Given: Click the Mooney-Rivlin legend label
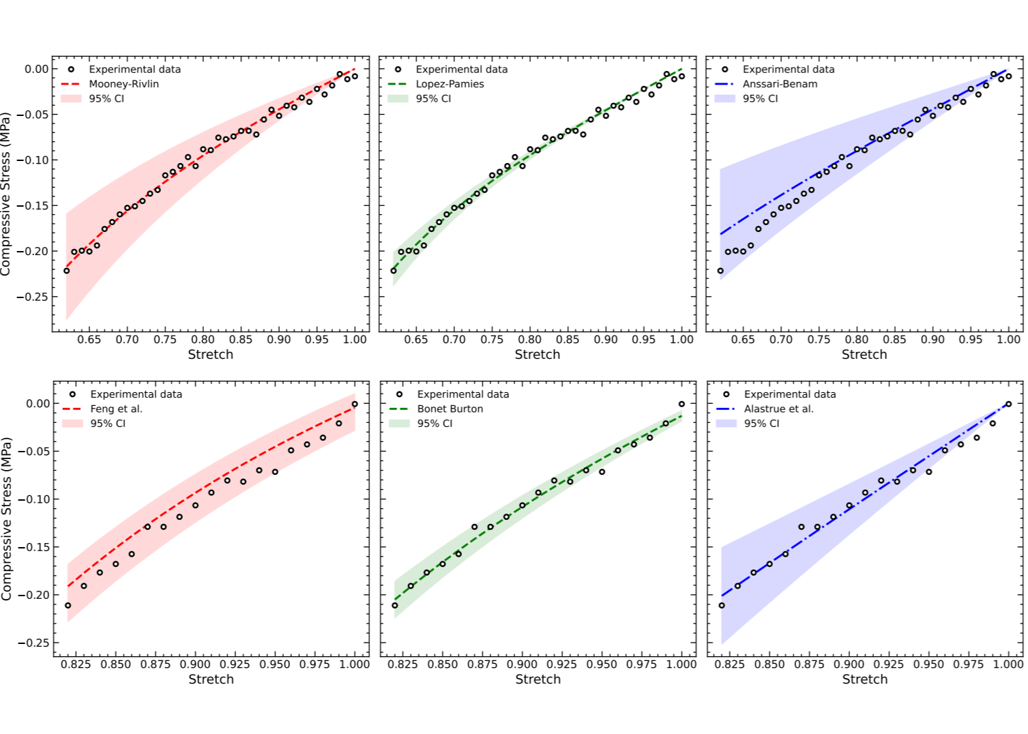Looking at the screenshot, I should pyautogui.click(x=123, y=84).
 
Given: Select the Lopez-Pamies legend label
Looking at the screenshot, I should pyautogui.click(x=450, y=84).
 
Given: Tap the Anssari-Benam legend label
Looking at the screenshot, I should pyautogui.click(x=780, y=84).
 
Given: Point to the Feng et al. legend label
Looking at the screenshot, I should pyautogui.click(x=116, y=409).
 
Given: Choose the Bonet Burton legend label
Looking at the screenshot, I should pyautogui.click(x=450, y=409).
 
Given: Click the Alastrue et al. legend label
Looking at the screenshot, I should pyautogui.click(x=778, y=409).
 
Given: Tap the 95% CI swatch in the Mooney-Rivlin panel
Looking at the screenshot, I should pyautogui.click(x=71, y=98).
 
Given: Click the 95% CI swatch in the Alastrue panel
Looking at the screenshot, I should pyautogui.click(x=726, y=423).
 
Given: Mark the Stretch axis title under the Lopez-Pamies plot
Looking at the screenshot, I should pyautogui.click(x=537, y=354).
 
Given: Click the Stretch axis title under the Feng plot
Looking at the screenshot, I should pyautogui.click(x=211, y=679).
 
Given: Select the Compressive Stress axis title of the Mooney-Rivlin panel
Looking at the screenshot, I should pyautogui.click(x=6, y=194).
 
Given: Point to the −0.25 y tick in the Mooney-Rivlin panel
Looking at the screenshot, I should pyautogui.click(x=33, y=297).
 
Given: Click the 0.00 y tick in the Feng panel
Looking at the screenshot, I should pyautogui.click(x=38, y=403).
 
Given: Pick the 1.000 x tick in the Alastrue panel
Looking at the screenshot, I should pyautogui.click(x=1008, y=664).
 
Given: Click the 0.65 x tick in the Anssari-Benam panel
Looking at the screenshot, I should pyautogui.click(x=744, y=339).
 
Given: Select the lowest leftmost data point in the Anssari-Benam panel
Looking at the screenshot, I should pyautogui.click(x=720, y=271).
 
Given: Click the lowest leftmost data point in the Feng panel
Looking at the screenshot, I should pyautogui.click(x=68, y=605).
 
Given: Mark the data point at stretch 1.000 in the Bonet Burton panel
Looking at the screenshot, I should pyautogui.click(x=681, y=404).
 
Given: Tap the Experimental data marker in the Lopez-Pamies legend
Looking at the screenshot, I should pyautogui.click(x=398, y=69).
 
